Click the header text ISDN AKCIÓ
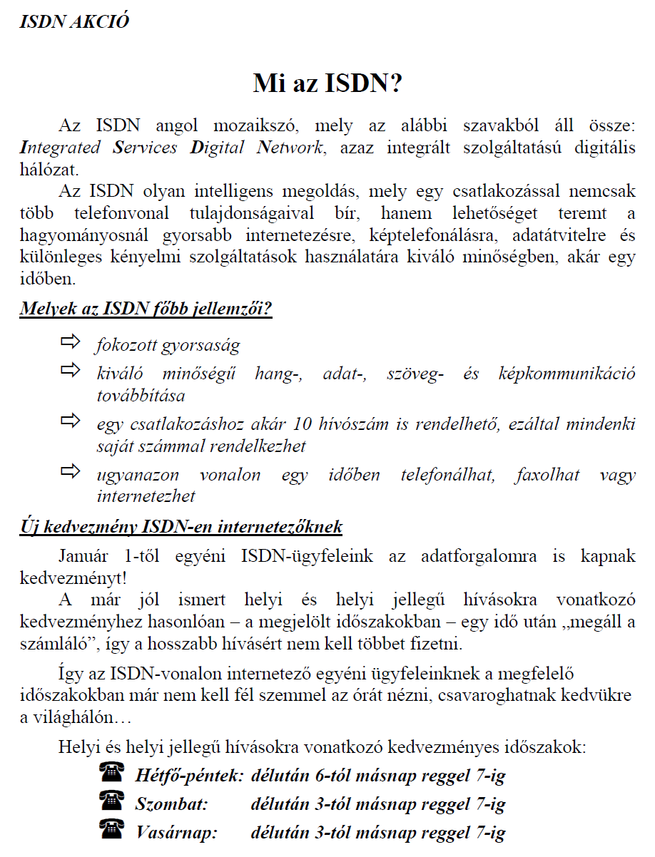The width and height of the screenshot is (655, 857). click(75, 21)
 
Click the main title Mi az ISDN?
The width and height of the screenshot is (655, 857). click(327, 83)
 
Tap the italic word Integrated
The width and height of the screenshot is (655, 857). click(60, 148)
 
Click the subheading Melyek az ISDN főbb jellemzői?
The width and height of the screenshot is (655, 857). click(146, 310)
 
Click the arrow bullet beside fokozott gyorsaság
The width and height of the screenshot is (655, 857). click(71, 343)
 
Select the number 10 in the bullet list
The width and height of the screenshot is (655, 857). click(303, 424)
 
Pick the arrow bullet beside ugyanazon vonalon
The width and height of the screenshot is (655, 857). click(71, 472)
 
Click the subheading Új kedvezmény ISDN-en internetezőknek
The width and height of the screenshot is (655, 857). click(181, 528)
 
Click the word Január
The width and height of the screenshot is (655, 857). click(84, 556)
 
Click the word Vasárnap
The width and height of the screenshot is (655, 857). click(176, 832)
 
